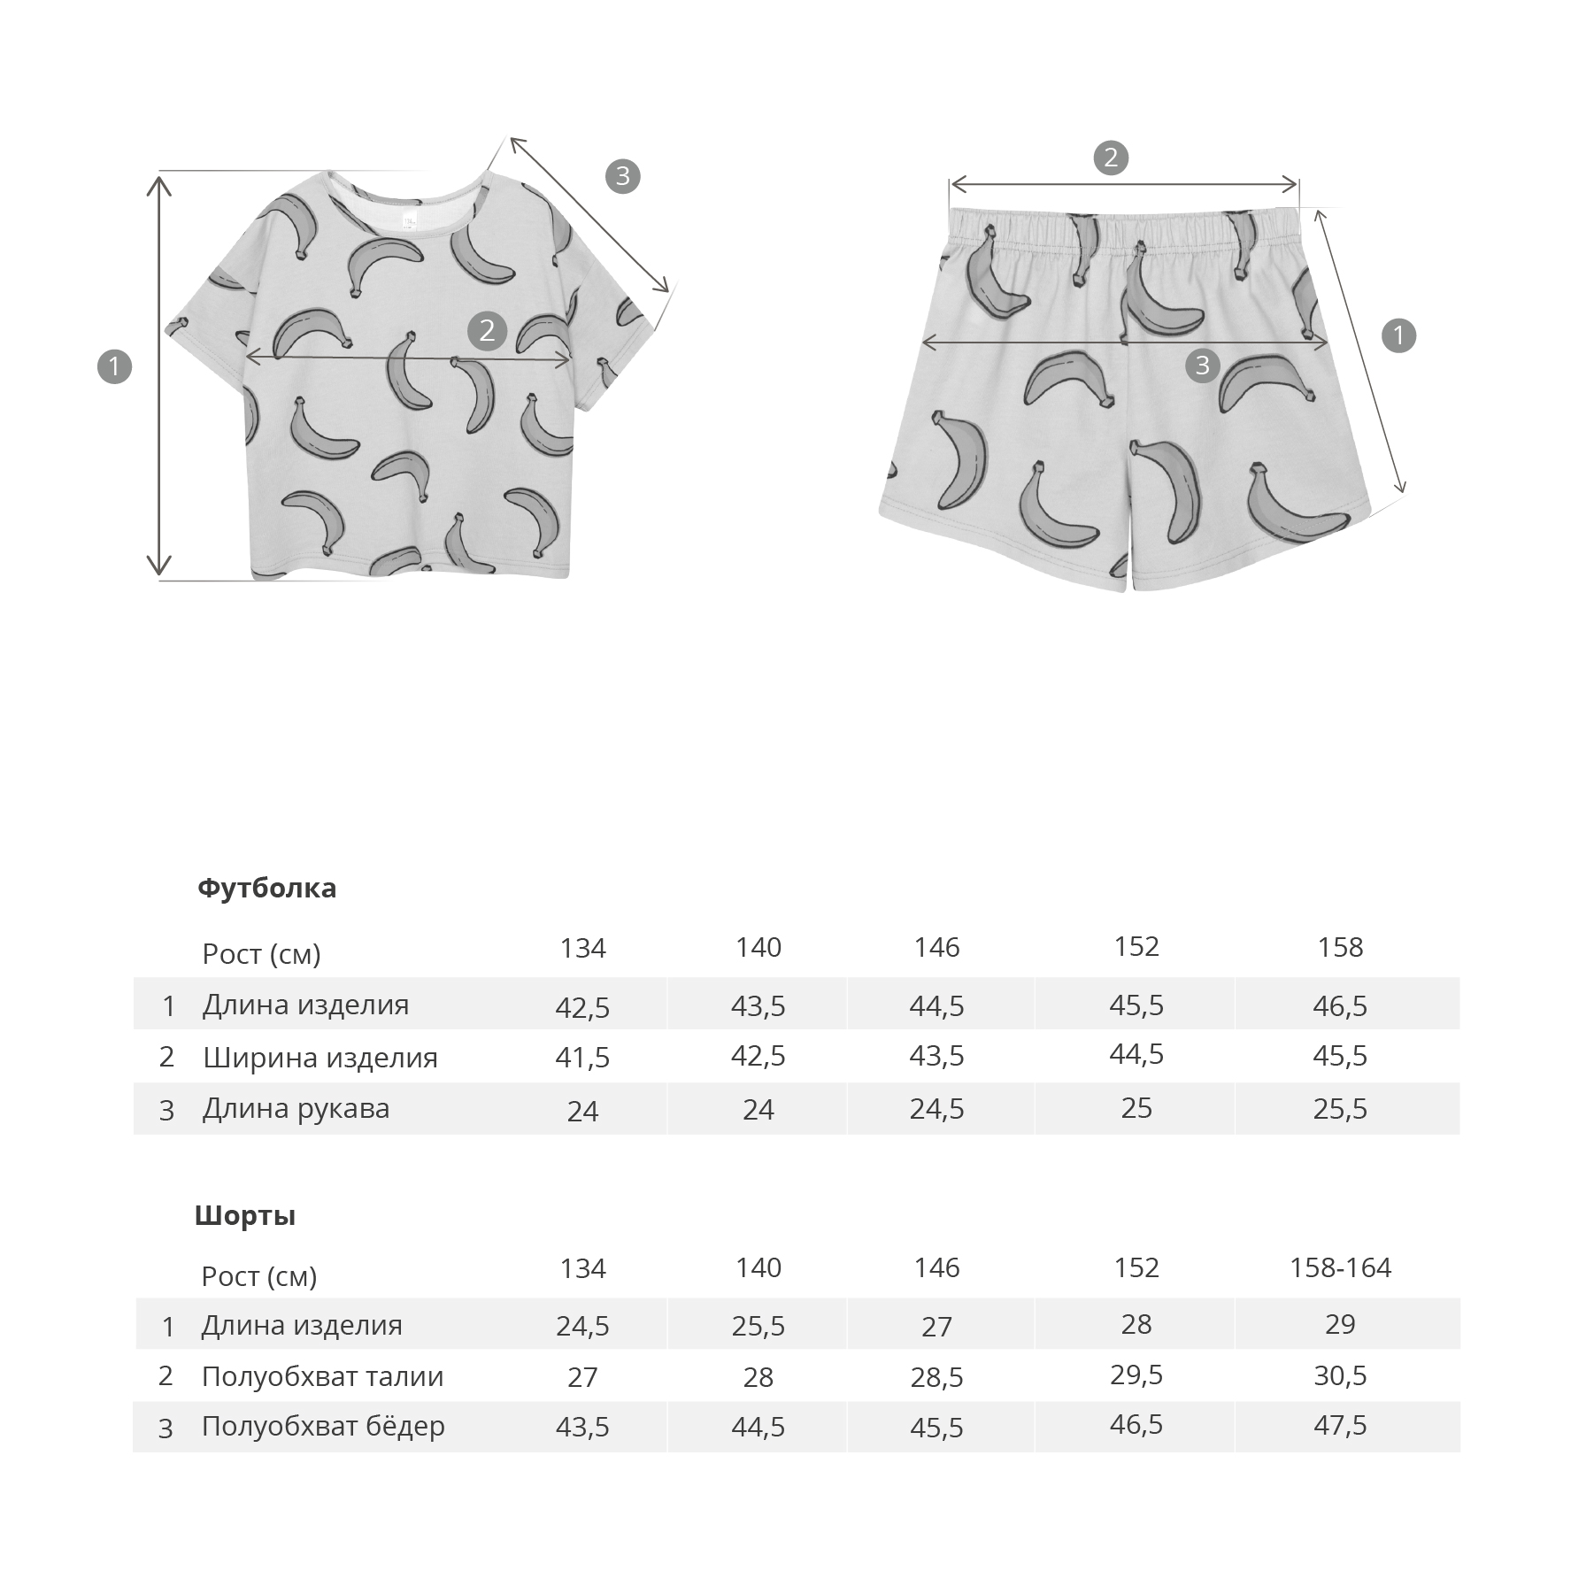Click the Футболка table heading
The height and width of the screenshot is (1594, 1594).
point(266,888)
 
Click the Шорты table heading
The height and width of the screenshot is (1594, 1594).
point(245,1215)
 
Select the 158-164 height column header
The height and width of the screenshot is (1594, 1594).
point(1340,1267)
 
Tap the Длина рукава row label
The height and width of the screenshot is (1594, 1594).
point(296,1108)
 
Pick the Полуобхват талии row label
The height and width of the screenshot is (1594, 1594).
point(322,1376)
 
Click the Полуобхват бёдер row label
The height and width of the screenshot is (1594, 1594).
point(323,1426)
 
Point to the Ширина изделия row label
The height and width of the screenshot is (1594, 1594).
point(320,1057)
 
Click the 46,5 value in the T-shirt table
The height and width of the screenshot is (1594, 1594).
point(1340,1005)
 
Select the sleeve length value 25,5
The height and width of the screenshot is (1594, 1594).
point(1340,1108)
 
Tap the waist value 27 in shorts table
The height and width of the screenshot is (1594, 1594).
point(582,1377)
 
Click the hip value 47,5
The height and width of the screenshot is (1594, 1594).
point(1340,1425)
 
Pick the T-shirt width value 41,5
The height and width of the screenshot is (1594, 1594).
point(582,1057)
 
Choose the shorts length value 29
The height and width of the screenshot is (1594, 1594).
point(1340,1324)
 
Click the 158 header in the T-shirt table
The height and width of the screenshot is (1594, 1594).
point(1340,947)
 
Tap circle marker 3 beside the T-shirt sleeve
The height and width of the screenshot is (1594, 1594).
point(622,176)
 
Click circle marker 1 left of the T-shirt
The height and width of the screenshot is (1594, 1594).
point(114,366)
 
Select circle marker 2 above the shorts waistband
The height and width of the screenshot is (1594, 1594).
point(1111,158)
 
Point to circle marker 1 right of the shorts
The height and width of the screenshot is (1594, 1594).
point(1398,335)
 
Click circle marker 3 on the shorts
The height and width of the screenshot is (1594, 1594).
point(1202,365)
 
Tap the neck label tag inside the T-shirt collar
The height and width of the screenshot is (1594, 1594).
point(409,219)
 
